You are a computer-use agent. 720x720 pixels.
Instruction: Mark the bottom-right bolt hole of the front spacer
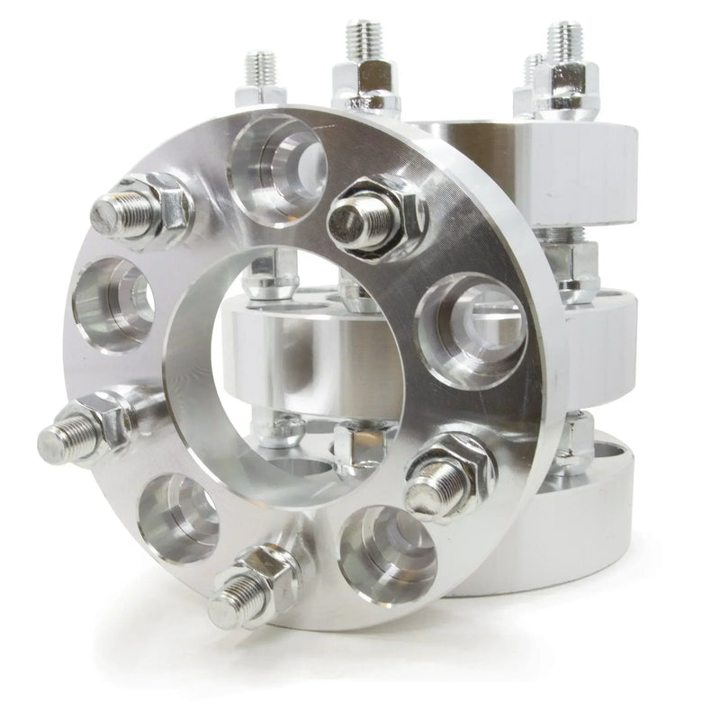tap(387, 549)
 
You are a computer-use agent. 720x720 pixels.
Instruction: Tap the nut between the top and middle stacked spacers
tap(576, 265)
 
